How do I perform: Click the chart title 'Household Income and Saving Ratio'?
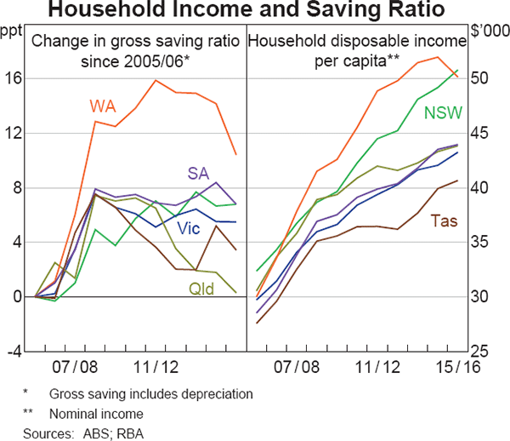coord(255,11)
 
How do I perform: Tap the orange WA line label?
coord(104,106)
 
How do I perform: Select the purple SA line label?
coord(198,173)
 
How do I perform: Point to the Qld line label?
coord(201,290)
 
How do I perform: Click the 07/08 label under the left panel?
coord(76,368)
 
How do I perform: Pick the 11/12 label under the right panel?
coord(377,368)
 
